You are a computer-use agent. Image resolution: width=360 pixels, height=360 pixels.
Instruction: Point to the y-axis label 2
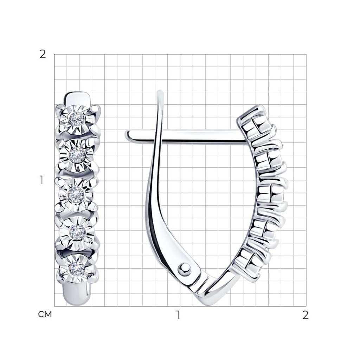[x=43, y=54]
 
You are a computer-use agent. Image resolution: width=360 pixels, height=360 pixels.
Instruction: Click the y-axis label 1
[x=41, y=180]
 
